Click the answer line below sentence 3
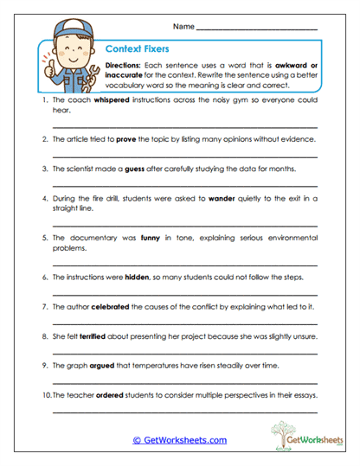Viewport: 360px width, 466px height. coord(184,185)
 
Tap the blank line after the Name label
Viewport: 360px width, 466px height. coord(256,29)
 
